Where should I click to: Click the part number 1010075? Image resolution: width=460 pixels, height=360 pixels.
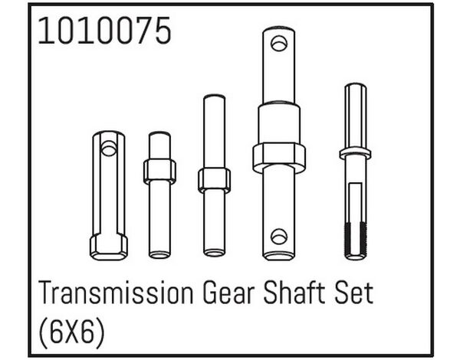pyautogui.click(x=104, y=31)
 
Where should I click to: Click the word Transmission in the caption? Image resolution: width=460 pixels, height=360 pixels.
pyautogui.click(x=116, y=293)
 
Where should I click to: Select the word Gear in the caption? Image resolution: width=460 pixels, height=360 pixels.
pyautogui.click(x=228, y=293)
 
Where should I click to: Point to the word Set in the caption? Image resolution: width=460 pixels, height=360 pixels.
pyautogui.click(x=353, y=293)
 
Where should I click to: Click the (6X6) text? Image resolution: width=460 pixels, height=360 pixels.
pyautogui.click(x=71, y=332)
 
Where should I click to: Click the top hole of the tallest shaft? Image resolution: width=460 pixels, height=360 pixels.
pyautogui.click(x=279, y=44)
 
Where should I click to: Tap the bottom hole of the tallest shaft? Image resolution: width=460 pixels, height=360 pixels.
pyautogui.click(x=279, y=236)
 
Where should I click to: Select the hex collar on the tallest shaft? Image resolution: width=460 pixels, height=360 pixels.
pyautogui.click(x=279, y=158)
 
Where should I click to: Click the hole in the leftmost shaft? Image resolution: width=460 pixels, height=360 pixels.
pyautogui.click(x=109, y=148)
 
